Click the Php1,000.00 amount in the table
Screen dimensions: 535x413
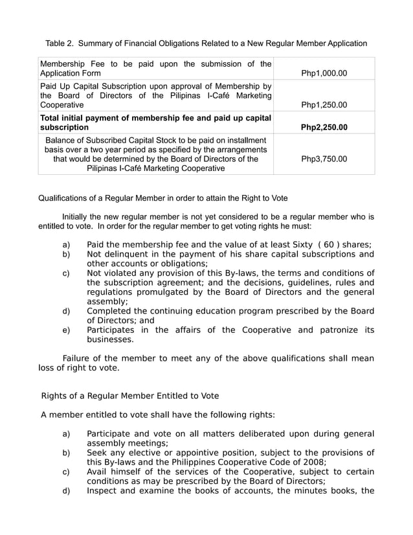click(324, 73)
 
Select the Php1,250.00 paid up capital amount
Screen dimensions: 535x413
click(324, 104)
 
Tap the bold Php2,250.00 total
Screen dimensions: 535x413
click(324, 127)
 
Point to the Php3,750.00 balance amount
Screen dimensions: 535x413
click(324, 158)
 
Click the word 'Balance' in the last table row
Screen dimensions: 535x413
click(62, 139)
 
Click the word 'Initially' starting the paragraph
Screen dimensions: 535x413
click(78, 216)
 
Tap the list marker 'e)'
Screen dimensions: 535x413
click(66, 330)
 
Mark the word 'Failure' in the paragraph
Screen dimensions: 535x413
click(78, 358)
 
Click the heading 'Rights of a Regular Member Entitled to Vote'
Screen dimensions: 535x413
click(129, 396)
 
